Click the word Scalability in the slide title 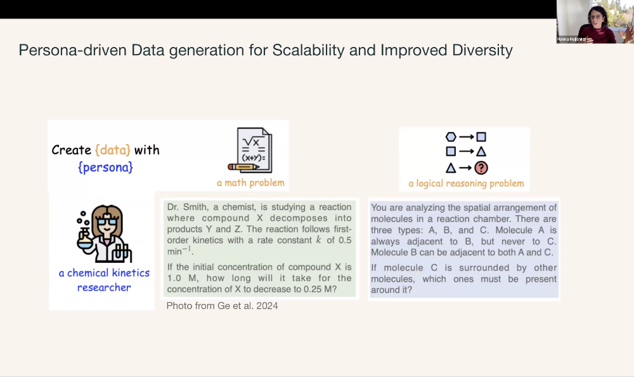tap(309, 51)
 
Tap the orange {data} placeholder tap(113, 150)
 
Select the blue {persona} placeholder tap(105, 168)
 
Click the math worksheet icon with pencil tap(250, 150)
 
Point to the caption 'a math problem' tap(250, 183)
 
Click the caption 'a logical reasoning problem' tap(466, 183)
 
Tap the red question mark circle tap(481, 168)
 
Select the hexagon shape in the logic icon tap(451, 137)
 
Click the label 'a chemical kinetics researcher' tap(105, 280)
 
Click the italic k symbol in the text tap(319, 240)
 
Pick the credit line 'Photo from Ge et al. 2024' tap(223, 306)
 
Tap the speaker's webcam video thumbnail tap(595, 22)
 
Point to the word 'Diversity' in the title tap(482, 51)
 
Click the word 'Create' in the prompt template tap(72, 150)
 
